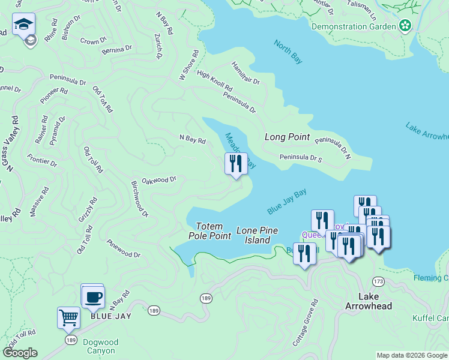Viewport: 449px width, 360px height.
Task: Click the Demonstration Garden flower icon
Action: (x=406, y=26)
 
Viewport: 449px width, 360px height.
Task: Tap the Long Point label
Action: (x=287, y=137)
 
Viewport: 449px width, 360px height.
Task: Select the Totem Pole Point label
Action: (x=214, y=230)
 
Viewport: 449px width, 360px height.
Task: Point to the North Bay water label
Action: (x=288, y=52)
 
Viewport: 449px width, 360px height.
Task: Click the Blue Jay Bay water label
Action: (x=287, y=202)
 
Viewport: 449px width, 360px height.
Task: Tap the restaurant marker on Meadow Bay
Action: (x=236, y=163)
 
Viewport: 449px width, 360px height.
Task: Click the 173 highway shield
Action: (x=378, y=281)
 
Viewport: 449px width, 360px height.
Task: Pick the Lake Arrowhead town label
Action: (x=369, y=301)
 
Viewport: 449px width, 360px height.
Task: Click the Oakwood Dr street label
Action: (x=158, y=179)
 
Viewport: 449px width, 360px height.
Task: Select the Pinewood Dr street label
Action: (x=123, y=250)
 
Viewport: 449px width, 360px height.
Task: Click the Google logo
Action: (x=20, y=353)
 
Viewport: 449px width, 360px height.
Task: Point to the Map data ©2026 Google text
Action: (x=412, y=355)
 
